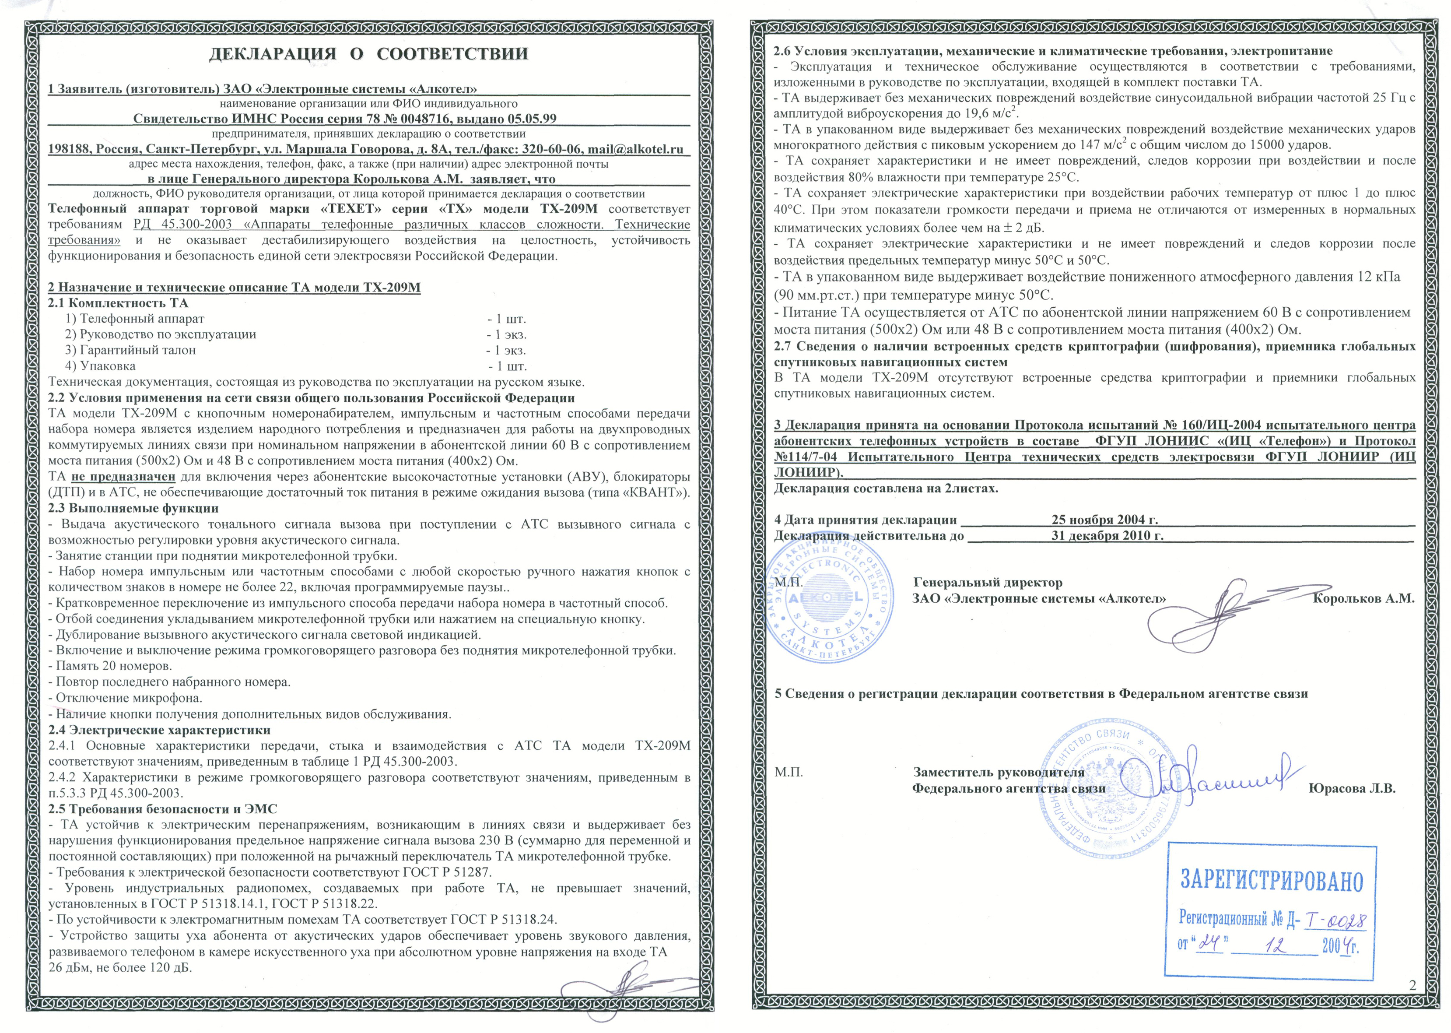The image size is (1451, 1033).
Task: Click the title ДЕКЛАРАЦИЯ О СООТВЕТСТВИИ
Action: (x=369, y=53)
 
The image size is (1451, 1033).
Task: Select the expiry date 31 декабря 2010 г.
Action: (x=1107, y=536)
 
